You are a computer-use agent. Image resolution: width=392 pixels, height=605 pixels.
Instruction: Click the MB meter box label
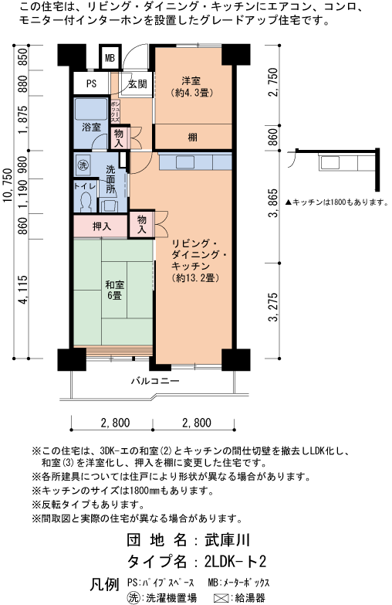point(110,58)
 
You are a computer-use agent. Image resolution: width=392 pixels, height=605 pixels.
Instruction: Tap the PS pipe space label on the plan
point(91,84)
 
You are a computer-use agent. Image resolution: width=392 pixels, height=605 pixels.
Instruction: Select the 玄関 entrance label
point(137,84)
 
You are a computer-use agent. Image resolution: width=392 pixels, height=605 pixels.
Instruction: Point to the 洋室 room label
point(192,81)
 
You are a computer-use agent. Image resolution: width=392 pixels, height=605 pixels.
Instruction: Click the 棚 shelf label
point(192,137)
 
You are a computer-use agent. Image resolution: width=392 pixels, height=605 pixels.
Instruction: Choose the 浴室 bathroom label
point(91,126)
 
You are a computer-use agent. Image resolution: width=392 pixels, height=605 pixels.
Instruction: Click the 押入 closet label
point(101,226)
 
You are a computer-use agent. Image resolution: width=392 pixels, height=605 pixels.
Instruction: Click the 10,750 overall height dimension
point(8,189)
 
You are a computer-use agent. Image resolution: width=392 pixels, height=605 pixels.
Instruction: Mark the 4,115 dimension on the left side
point(23,291)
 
